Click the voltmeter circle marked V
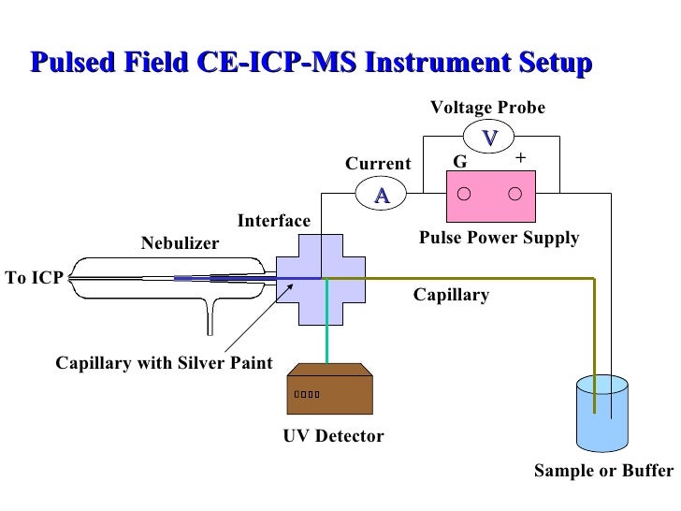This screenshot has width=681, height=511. tap(488, 139)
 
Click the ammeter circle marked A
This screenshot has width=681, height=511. tap(382, 194)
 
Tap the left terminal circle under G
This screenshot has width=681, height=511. tap(463, 195)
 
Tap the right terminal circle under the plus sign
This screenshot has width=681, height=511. tap(514, 195)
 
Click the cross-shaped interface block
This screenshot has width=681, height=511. tap(322, 278)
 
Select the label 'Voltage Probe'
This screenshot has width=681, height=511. tap(486, 108)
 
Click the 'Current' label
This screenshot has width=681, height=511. tap(378, 165)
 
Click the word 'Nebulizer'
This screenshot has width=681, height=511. tap(180, 244)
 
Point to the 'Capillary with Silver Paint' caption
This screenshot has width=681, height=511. tap(165, 363)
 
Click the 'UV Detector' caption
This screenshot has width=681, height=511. tap(333, 436)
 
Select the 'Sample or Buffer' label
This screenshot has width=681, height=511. tap(602, 471)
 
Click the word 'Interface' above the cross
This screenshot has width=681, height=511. tap(273, 221)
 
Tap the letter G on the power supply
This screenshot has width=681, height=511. tap(459, 163)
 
